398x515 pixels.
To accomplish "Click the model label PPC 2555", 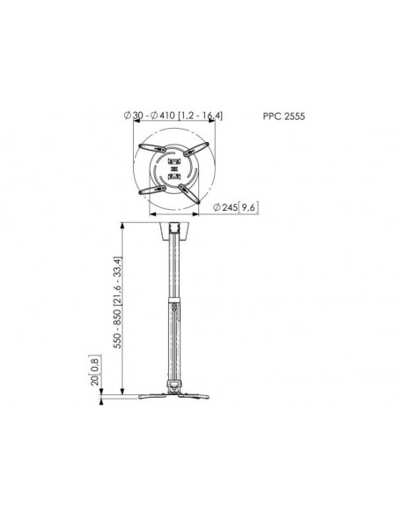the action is tap(284, 116).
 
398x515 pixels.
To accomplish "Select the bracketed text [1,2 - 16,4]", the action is tap(200, 116).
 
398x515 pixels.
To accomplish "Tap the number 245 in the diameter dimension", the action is tap(230, 207).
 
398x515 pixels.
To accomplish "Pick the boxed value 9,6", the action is tap(248, 207).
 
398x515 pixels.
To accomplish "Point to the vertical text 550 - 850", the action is tap(117, 328).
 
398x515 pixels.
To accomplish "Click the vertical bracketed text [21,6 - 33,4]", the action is tap(117, 280).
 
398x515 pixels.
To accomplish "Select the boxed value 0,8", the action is tap(95, 364).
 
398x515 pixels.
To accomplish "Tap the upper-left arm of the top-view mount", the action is tap(152, 148).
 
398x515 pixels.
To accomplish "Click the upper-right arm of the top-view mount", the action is tap(196, 149).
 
